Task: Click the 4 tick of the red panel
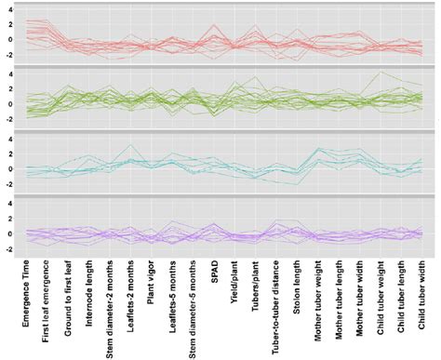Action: tap(7, 10)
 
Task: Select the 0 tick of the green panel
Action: tap(7, 103)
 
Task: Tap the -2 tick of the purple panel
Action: tap(6, 247)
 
